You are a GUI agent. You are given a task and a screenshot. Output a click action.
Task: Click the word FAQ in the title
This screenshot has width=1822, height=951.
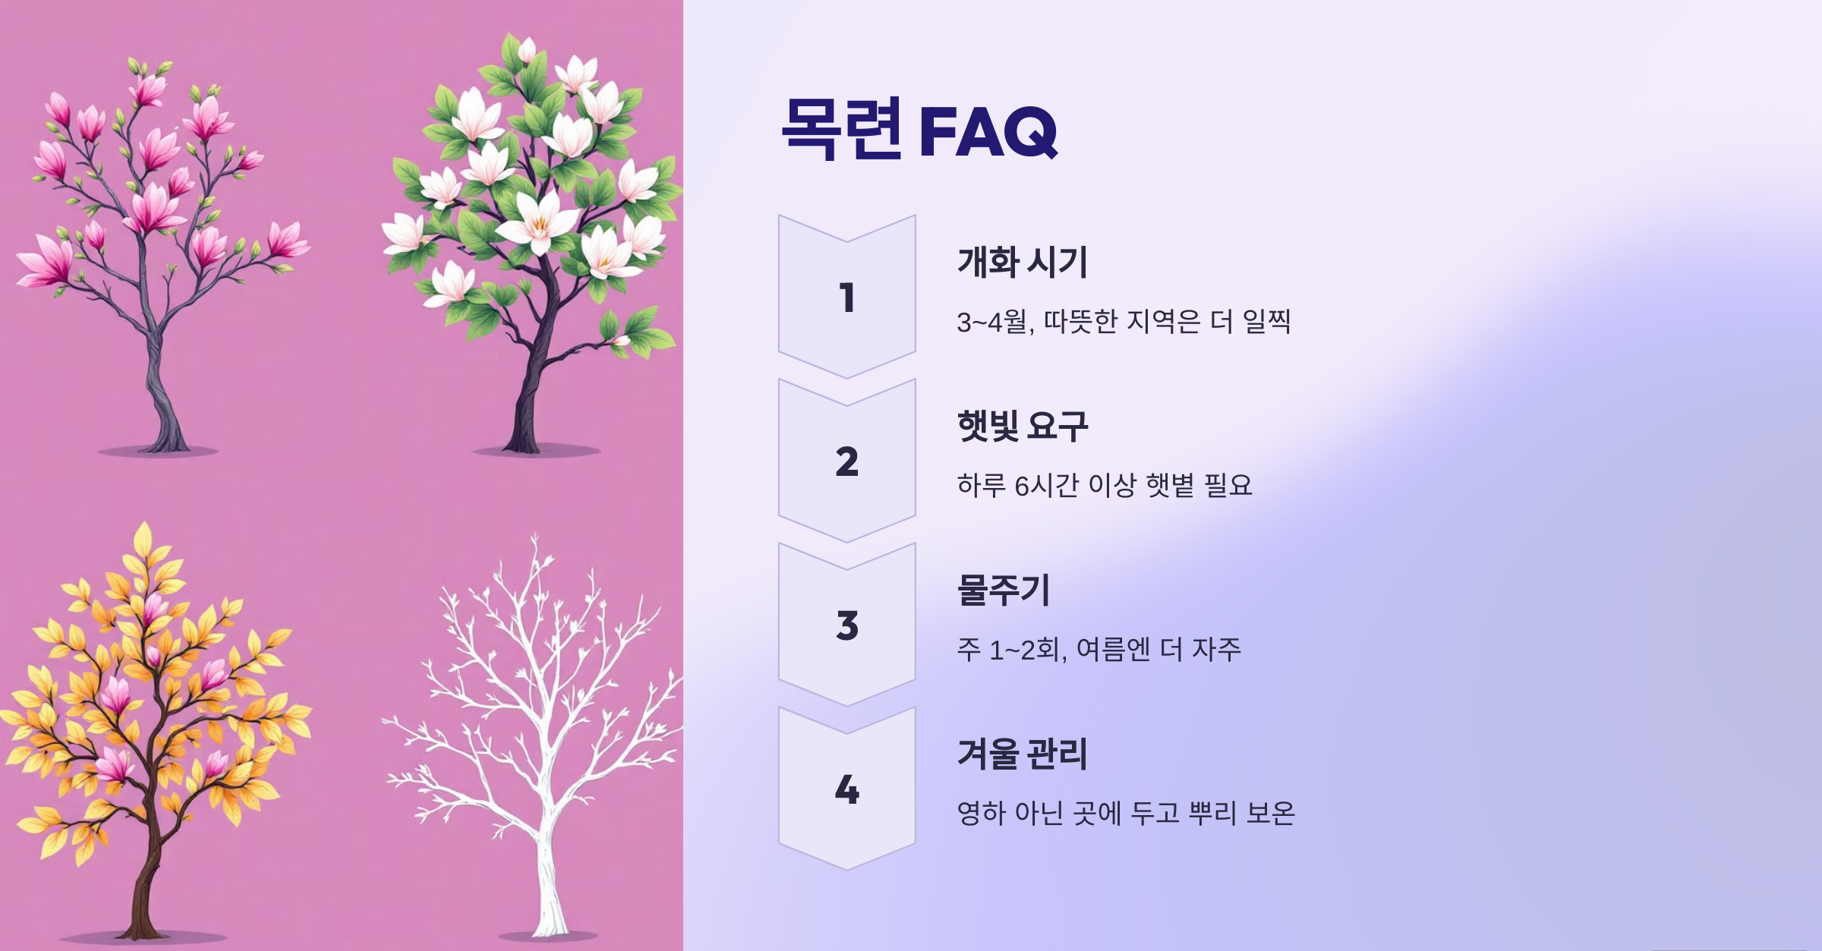click(x=988, y=131)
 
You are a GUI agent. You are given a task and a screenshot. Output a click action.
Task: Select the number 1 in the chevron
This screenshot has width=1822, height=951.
click(x=847, y=298)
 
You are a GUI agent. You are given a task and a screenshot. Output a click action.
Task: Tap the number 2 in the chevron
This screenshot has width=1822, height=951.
click(x=847, y=461)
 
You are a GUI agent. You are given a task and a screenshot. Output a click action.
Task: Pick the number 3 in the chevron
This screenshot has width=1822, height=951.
click(x=847, y=625)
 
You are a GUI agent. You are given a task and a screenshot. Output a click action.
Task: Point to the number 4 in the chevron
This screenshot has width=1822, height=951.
click(x=847, y=789)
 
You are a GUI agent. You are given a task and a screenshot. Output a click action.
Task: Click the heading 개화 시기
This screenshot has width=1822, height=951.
click(x=1023, y=263)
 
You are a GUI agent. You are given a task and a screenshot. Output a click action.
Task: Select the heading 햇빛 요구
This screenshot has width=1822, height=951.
click(x=1023, y=427)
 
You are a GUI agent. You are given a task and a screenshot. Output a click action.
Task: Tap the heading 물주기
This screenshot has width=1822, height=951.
click(x=1004, y=590)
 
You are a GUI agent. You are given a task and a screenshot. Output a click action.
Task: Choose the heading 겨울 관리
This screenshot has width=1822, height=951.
click(x=1023, y=754)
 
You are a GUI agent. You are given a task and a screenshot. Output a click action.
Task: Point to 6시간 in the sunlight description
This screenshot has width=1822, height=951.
click(x=1047, y=486)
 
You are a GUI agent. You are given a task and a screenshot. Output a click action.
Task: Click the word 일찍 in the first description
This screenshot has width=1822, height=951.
click(x=1266, y=323)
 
